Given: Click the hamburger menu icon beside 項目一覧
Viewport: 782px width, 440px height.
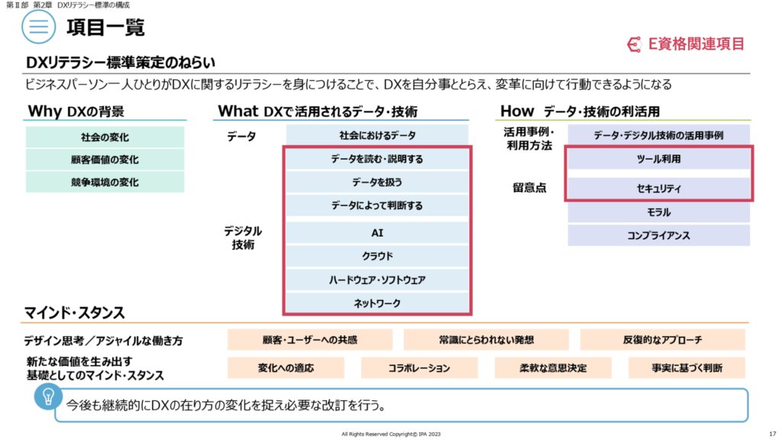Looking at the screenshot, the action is coord(38,27).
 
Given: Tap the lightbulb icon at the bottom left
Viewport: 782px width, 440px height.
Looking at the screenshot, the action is coord(48,397).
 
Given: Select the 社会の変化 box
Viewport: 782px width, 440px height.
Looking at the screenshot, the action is coord(105,137).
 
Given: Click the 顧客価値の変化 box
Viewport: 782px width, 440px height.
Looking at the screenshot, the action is coord(105,160).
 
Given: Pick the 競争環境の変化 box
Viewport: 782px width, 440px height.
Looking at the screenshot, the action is coord(105,182).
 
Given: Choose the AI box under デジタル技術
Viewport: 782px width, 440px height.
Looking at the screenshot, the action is coord(377,233).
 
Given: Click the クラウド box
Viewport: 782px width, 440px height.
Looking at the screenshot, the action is coord(377,256).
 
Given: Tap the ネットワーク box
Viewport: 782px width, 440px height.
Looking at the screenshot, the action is coord(377,302).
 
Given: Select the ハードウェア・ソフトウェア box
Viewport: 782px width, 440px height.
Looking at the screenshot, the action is coord(377,280).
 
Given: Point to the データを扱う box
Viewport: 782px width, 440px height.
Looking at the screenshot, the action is coord(377,182).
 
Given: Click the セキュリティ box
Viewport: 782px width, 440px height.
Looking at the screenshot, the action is coord(658,189).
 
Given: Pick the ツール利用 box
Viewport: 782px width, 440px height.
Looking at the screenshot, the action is coord(658,159).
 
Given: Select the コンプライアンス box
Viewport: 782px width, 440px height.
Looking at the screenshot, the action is coord(658,235).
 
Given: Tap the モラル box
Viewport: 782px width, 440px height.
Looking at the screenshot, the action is coord(658,212).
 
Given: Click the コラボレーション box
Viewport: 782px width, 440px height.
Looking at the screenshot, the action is coord(419,368).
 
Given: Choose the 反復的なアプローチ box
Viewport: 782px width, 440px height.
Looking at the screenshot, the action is coord(662,340).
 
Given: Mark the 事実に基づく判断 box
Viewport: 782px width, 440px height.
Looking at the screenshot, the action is coord(687,368).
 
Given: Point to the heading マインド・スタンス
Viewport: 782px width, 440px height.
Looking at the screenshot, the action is coord(74,312).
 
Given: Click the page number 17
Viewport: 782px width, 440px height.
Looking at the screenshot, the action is coord(773,434).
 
